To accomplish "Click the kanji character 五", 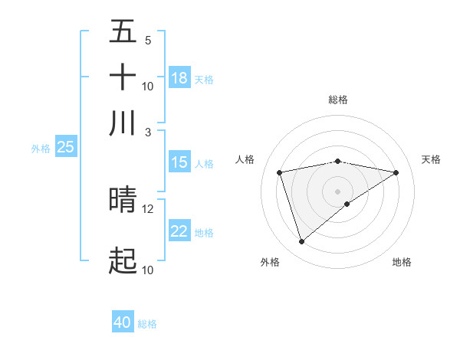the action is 123,32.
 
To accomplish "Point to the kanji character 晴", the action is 123,199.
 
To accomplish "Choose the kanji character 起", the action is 123,260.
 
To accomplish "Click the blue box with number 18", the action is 179,78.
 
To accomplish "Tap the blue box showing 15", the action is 179,162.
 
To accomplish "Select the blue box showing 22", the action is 179,231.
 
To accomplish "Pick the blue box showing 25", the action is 65,148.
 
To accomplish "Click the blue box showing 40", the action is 123,322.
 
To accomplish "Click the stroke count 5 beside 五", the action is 147,41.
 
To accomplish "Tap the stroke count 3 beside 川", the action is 147,133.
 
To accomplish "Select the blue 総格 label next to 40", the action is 147,324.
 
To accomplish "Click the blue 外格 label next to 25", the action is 40,149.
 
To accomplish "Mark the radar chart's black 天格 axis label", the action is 431,159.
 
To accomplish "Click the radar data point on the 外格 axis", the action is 301,242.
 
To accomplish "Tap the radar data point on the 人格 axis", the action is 280,172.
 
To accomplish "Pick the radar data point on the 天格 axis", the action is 396,172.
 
